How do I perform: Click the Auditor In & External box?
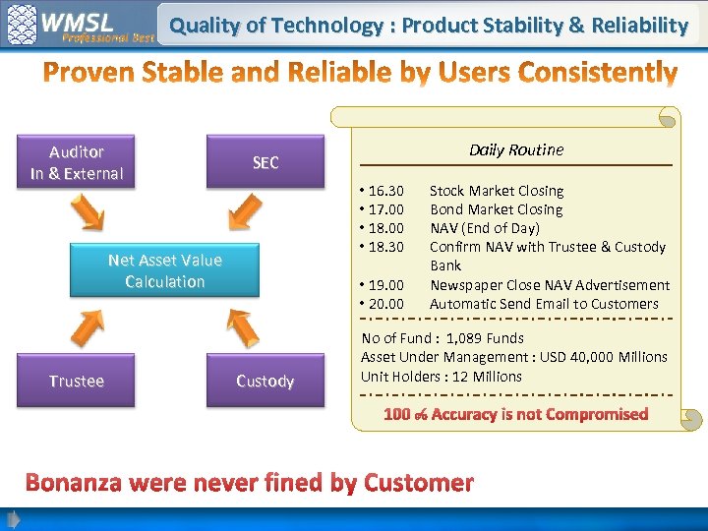click(x=77, y=162)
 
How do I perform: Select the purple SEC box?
click(x=265, y=162)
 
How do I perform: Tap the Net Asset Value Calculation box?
click(x=164, y=270)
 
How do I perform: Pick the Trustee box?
click(x=77, y=381)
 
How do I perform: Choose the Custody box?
click(x=265, y=381)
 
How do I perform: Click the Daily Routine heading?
click(x=515, y=149)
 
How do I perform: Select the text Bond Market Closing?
click(x=496, y=209)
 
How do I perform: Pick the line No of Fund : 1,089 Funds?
click(x=442, y=338)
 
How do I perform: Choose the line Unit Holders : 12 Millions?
click(x=442, y=377)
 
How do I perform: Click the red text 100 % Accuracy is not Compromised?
click(x=515, y=414)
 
